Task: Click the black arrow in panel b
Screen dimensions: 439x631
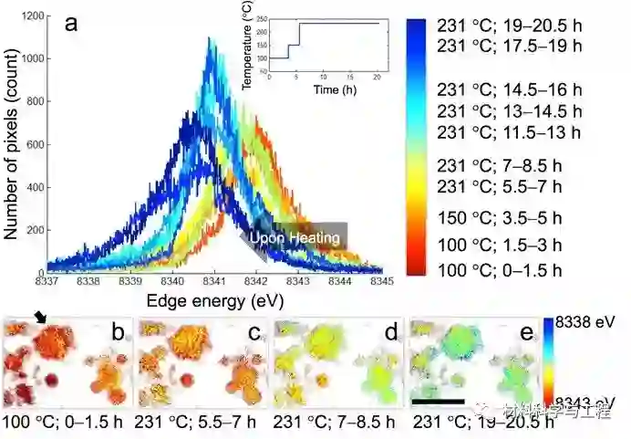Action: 39,317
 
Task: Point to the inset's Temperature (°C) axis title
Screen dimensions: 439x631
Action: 247,47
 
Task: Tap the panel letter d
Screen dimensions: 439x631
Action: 390,332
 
